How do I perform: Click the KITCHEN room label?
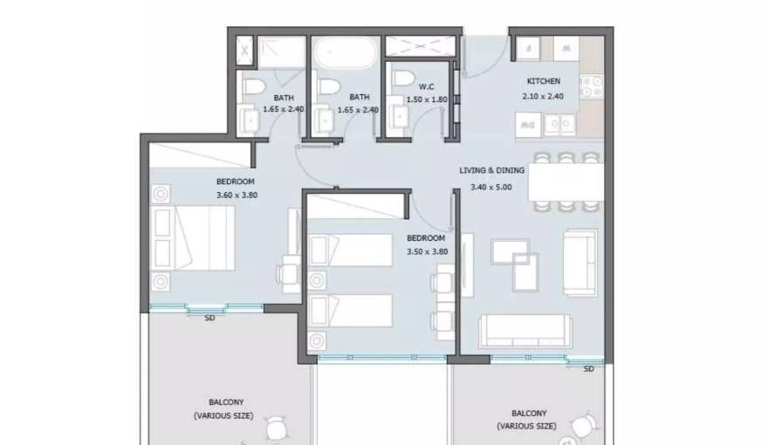543,81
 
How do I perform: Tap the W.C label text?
426,87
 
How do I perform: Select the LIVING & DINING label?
491,170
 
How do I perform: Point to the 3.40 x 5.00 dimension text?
490,187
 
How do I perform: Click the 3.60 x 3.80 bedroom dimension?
237,195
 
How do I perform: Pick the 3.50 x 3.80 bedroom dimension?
427,251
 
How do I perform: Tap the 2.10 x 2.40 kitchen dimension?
543,97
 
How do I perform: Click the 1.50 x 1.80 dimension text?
427,99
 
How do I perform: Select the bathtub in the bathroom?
346,53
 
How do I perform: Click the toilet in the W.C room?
403,78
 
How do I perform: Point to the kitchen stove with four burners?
591,86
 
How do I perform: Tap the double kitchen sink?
559,124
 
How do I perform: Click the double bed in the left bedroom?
193,238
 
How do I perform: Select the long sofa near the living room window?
525,332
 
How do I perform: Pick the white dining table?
566,181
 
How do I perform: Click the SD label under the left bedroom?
209,318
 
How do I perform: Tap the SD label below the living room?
589,369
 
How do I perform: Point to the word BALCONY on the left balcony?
226,402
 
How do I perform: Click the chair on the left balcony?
277,428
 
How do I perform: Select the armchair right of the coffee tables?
579,263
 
